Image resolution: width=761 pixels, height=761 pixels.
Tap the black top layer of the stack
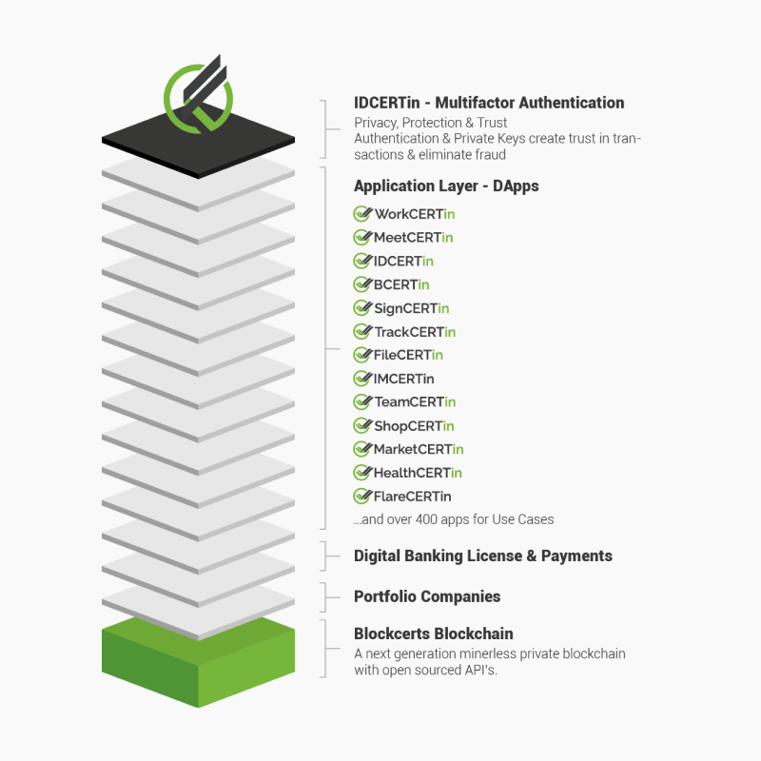pos(198,140)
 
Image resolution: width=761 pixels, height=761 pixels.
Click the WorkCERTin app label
pos(415,214)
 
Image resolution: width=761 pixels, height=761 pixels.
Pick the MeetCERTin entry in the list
pos(413,237)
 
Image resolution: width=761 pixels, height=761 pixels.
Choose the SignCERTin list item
pos(412,308)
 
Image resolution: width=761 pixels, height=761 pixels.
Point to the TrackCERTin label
pos(415,332)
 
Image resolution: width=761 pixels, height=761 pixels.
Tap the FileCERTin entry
pos(408,355)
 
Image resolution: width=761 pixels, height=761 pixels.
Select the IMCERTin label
pos(403,379)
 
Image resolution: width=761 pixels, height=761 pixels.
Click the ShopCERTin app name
pos(414,426)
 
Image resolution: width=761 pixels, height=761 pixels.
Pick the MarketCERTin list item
pos(419,449)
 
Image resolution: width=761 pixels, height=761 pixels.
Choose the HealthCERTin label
pos(418,473)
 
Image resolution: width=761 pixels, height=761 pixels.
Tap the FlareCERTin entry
pos(412,497)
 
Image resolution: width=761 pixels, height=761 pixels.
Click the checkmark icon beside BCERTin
pos(362,283)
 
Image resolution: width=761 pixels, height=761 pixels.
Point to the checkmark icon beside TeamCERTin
pos(362,401)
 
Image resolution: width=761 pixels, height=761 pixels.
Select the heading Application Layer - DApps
pos(446,185)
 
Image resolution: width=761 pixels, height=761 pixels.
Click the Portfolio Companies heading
pos(427,596)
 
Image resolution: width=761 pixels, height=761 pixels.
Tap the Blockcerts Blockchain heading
pos(434,634)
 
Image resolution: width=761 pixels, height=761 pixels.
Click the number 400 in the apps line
pos(426,519)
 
